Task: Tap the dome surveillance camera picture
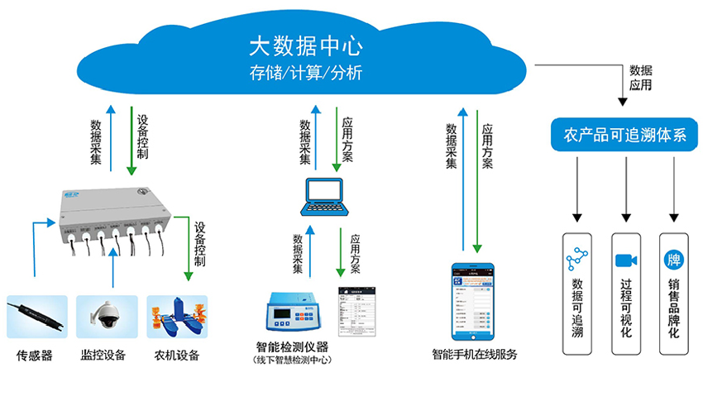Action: click(x=107, y=316)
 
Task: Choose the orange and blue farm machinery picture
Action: click(x=175, y=318)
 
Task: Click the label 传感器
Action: click(x=35, y=356)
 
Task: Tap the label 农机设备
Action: click(x=176, y=356)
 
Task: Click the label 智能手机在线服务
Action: click(x=475, y=355)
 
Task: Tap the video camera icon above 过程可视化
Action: click(x=625, y=260)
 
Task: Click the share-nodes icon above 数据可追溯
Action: click(x=576, y=260)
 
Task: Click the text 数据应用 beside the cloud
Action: click(x=641, y=78)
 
